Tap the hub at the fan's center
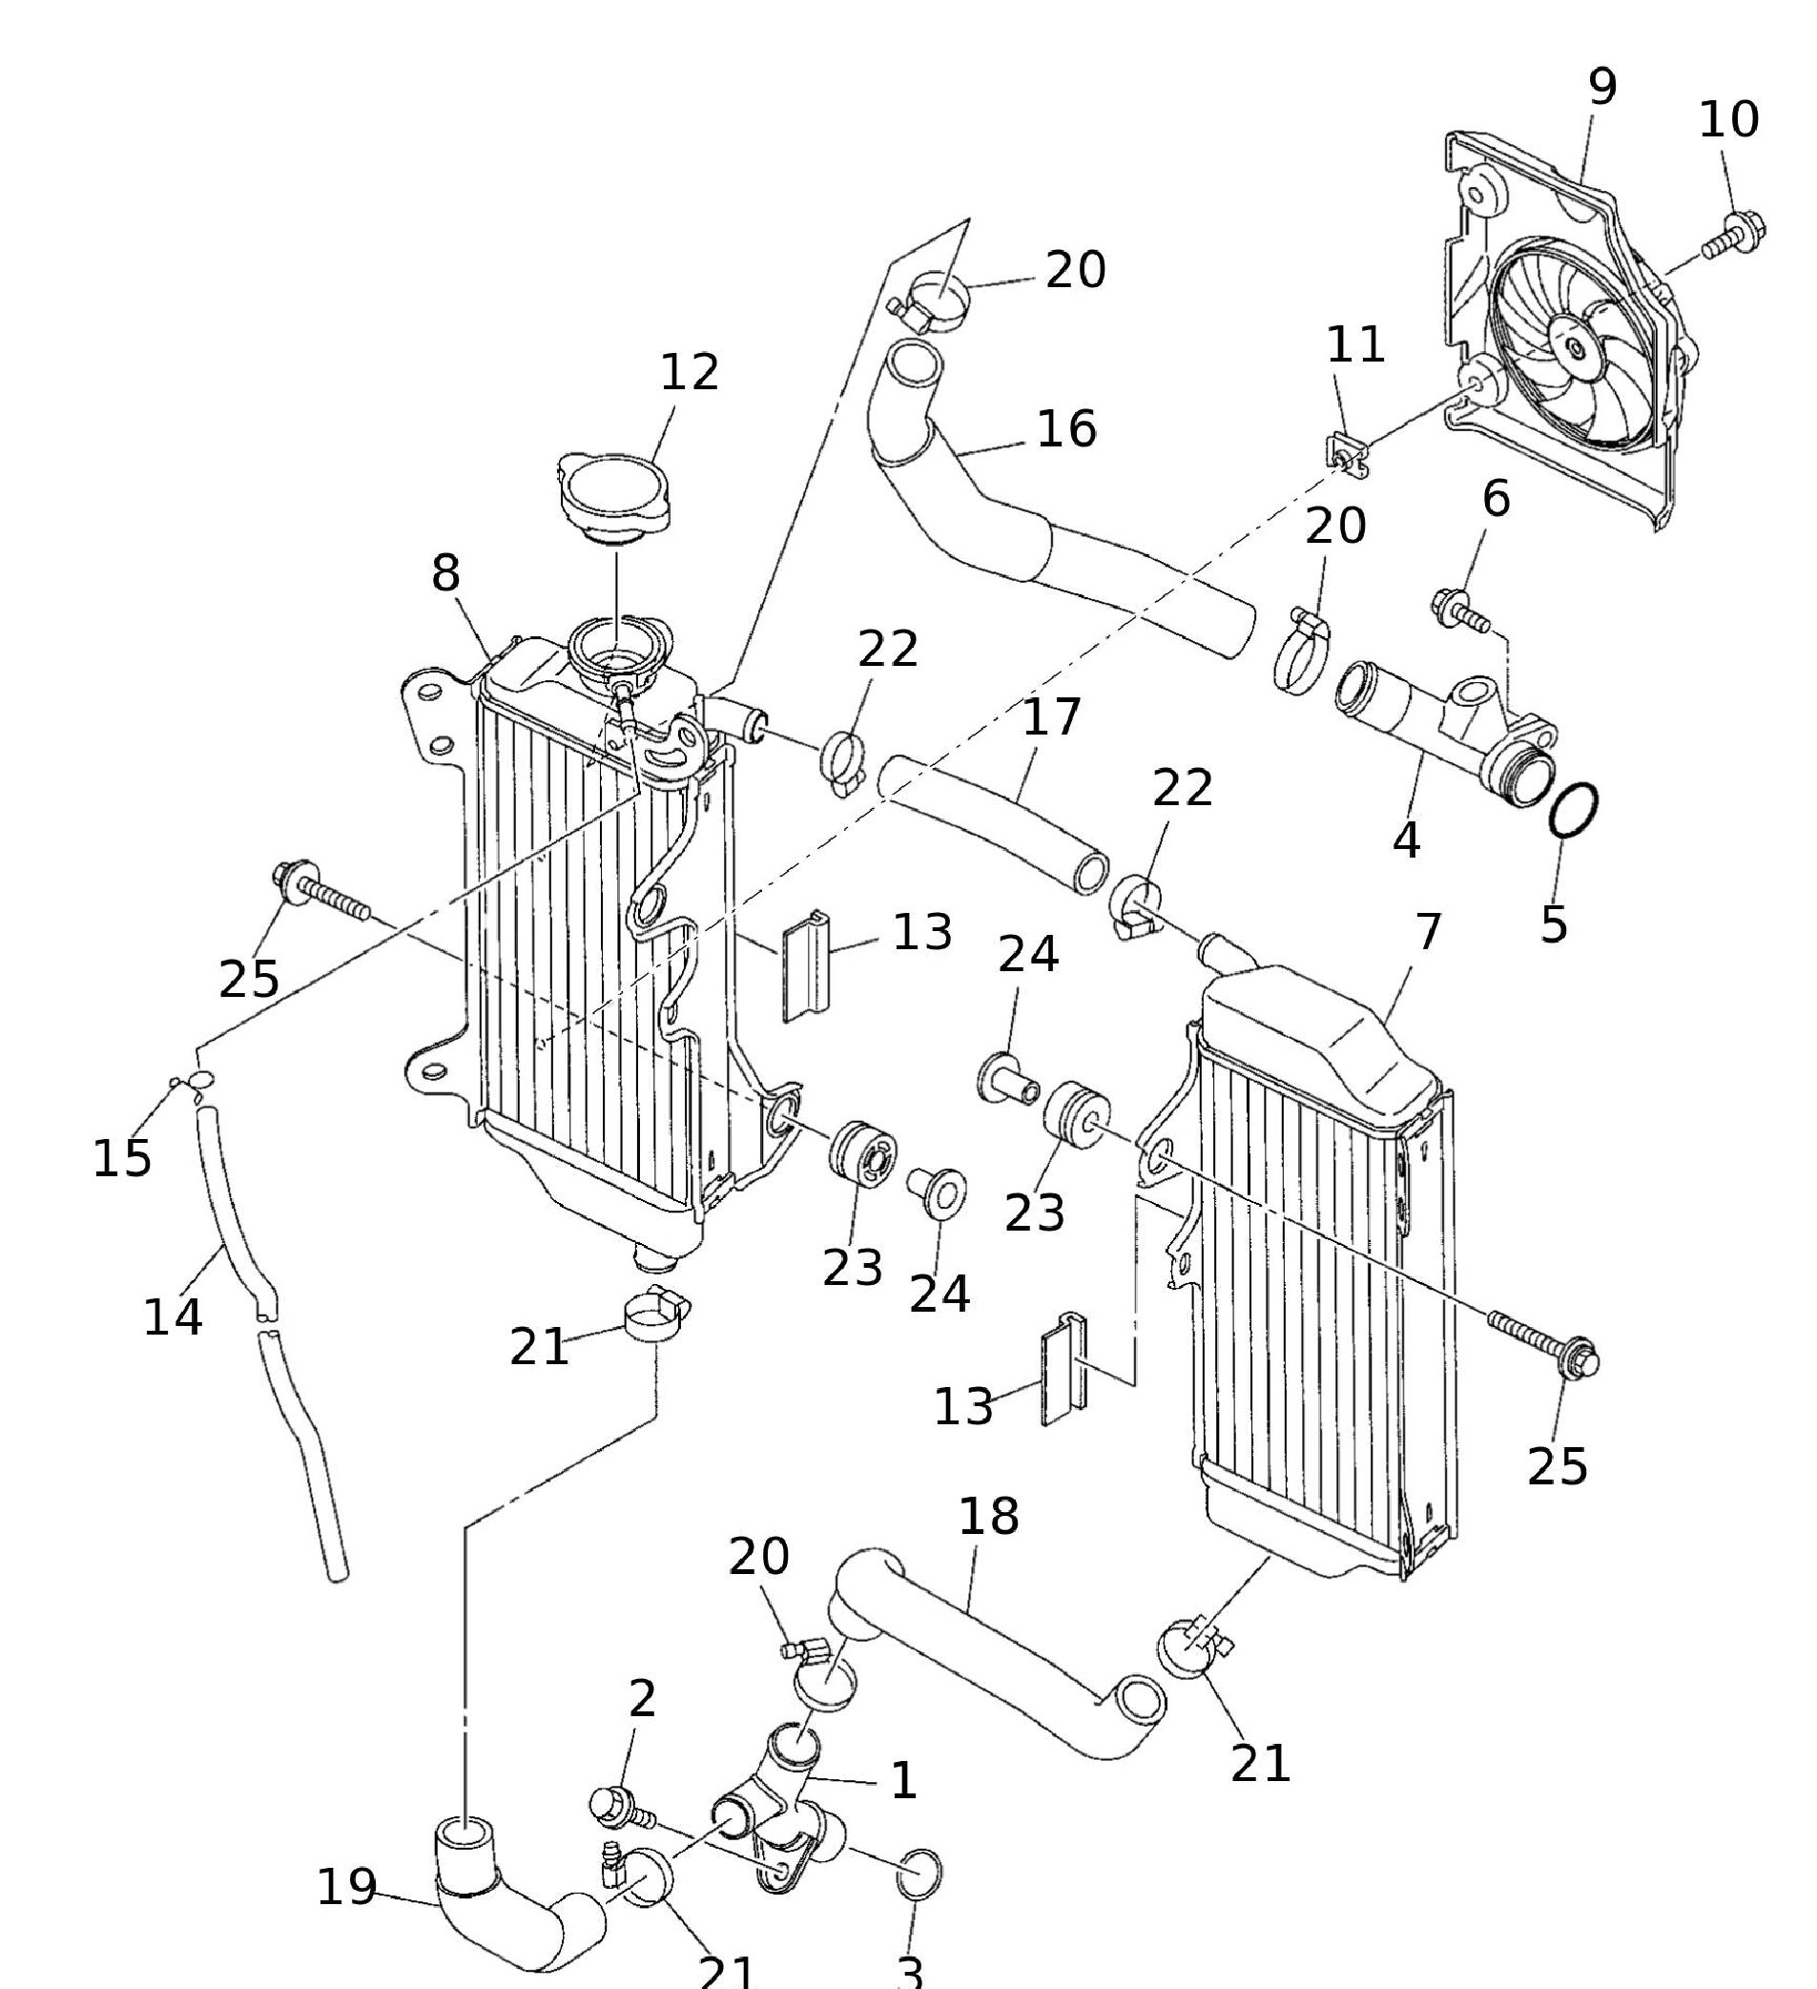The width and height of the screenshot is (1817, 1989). coord(1576,349)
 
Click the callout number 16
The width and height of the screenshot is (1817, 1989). coord(1067,429)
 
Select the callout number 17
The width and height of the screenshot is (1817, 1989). coord(1051,717)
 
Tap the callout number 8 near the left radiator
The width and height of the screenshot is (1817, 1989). coord(445,572)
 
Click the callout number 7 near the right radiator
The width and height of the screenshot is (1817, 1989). coord(1427,931)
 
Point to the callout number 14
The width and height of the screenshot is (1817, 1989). coord(174,1317)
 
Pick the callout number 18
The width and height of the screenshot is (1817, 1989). coord(988,1517)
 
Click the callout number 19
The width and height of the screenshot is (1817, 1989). coord(346,1886)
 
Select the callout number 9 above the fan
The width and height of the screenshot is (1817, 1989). coord(1603,87)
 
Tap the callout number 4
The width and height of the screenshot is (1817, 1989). coord(1407,839)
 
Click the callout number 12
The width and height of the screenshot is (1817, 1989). coord(689,373)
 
